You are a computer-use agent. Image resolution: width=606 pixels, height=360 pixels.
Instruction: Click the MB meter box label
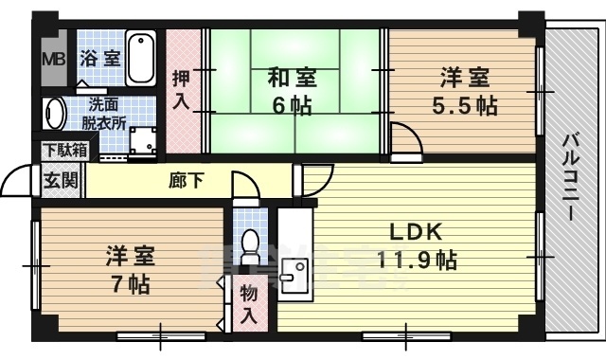(54, 60)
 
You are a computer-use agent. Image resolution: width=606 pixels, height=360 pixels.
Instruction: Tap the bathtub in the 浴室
(141, 58)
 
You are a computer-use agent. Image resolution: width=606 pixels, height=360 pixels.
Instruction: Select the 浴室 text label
(100, 59)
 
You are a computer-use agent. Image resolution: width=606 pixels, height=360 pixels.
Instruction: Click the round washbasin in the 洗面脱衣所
(55, 114)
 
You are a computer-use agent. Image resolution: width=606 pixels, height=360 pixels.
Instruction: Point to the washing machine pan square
(143, 140)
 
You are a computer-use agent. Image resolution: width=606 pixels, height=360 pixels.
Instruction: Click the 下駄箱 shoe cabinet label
(65, 150)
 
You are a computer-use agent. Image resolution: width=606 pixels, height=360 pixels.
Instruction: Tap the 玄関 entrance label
(61, 180)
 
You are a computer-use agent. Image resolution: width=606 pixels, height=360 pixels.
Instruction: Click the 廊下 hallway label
(187, 180)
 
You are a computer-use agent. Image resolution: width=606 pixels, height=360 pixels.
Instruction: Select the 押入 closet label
(181, 90)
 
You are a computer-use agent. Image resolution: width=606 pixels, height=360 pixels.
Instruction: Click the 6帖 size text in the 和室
(292, 105)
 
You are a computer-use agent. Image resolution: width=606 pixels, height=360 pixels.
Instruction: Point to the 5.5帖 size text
(464, 105)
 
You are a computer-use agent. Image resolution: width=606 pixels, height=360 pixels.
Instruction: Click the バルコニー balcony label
(570, 177)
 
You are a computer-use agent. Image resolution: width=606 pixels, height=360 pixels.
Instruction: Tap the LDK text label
(416, 232)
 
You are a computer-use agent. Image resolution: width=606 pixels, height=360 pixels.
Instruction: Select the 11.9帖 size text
(417, 260)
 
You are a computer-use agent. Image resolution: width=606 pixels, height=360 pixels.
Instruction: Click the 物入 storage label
(248, 304)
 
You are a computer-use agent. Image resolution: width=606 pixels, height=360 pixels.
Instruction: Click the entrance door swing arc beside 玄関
(17, 178)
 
